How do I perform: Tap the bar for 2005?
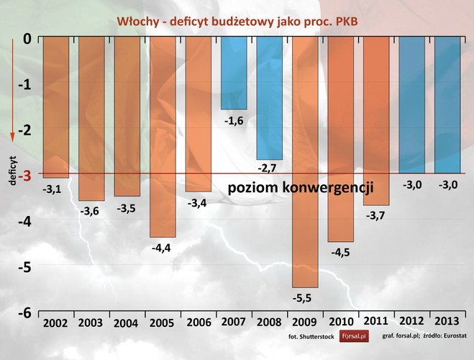pyautogui.click(x=163, y=137)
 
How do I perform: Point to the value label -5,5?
pyautogui.click(x=304, y=298)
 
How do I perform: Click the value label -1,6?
pyautogui.click(x=234, y=120)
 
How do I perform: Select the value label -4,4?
pyautogui.click(x=163, y=248)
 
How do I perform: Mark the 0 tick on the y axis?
pyautogui.click(x=26, y=38)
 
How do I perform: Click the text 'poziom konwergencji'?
pyautogui.click(x=301, y=189)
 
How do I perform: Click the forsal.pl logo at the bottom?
pyautogui.click(x=352, y=336)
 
